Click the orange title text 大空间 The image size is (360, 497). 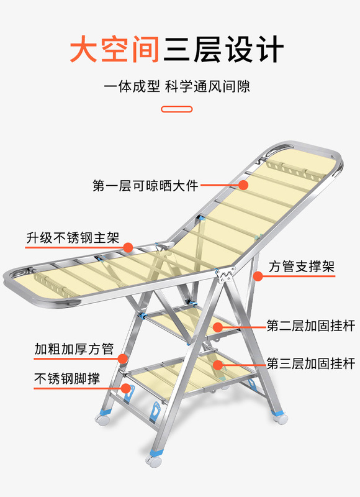pyautogui.click(x=115, y=49)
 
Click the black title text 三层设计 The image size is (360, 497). pyautogui.click(x=223, y=49)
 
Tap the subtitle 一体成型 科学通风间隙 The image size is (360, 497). pyautogui.click(x=177, y=86)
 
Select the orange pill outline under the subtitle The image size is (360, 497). pyautogui.click(x=177, y=109)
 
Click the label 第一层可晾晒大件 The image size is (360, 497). pyautogui.click(x=146, y=186)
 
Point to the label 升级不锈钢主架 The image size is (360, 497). pyautogui.click(x=73, y=238)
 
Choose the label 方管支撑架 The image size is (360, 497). pyautogui.click(x=302, y=267)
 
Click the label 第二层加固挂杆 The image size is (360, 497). pyautogui.click(x=310, y=326)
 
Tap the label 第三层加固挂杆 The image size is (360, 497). pyautogui.click(x=310, y=363)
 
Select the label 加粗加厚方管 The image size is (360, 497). pyautogui.click(x=74, y=349)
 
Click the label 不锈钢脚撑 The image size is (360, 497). pyautogui.click(x=67, y=378)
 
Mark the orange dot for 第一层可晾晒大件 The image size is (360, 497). pyautogui.click(x=243, y=185)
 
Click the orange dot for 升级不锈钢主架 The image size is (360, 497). pyautogui.click(x=128, y=247)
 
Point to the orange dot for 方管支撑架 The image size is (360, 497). pyautogui.click(x=258, y=276)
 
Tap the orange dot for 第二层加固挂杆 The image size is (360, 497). pyautogui.click(x=217, y=327)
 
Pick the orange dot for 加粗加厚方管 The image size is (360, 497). pyautogui.click(x=122, y=358)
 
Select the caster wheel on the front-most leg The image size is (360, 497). pyautogui.click(x=154, y=460)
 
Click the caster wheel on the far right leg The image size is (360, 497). pyautogui.click(x=281, y=418)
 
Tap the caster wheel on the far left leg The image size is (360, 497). pyautogui.click(x=102, y=419)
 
